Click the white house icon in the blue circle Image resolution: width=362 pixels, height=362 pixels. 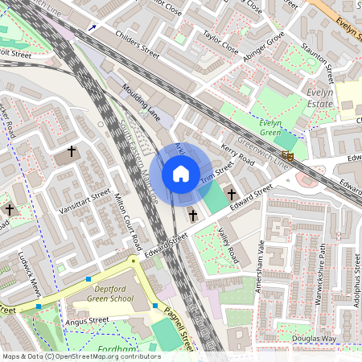(x=181, y=174)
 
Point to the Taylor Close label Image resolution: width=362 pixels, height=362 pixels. (x=220, y=43)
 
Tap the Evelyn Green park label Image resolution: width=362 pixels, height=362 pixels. (x=276, y=127)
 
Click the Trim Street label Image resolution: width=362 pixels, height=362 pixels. (x=217, y=175)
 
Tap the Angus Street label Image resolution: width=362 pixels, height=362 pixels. (x=87, y=320)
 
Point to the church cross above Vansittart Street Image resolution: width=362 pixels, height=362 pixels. (x=72, y=150)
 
